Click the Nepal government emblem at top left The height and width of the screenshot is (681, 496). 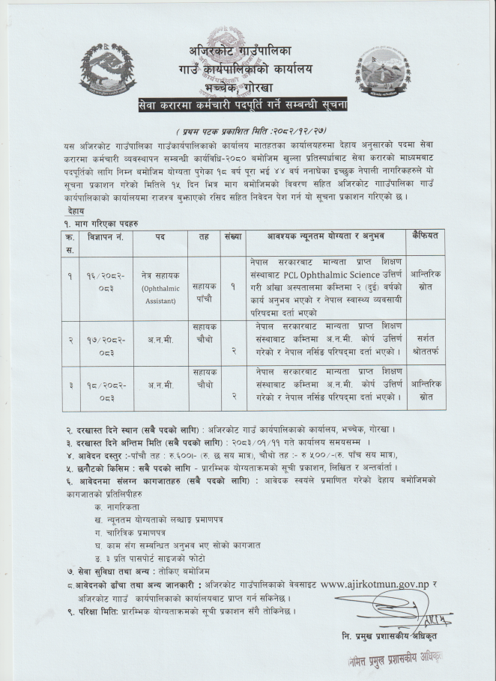[x=108, y=69]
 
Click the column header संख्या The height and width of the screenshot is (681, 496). [x=232, y=236]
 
